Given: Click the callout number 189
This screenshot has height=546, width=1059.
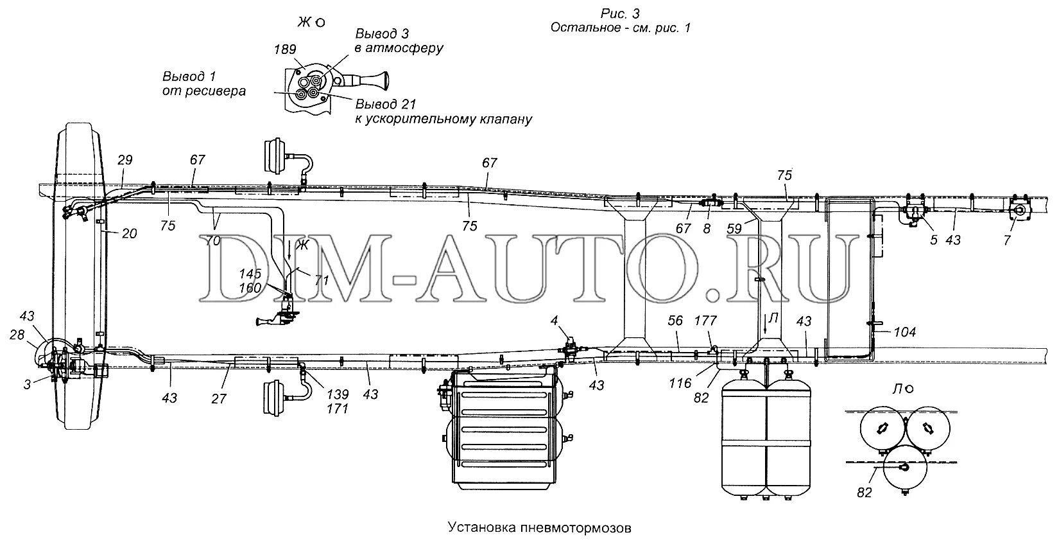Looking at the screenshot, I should tap(286, 50).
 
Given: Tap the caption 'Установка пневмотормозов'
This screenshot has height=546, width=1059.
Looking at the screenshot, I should tap(539, 528).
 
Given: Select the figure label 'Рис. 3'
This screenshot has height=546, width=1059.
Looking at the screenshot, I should tap(619, 13).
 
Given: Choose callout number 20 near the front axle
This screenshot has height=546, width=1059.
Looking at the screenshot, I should tap(129, 234).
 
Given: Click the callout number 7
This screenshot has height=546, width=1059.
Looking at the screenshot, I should tap(1007, 240).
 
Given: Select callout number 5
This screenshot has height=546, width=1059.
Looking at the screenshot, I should tap(933, 240).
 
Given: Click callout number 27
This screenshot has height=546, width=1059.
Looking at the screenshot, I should tap(219, 398).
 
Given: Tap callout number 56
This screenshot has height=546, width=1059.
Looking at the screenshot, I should tap(675, 321).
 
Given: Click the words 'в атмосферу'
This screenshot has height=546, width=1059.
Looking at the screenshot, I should tap(398, 48).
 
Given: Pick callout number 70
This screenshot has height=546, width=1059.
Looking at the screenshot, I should tap(212, 242).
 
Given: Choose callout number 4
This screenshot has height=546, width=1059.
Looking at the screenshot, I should tap(553, 321).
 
